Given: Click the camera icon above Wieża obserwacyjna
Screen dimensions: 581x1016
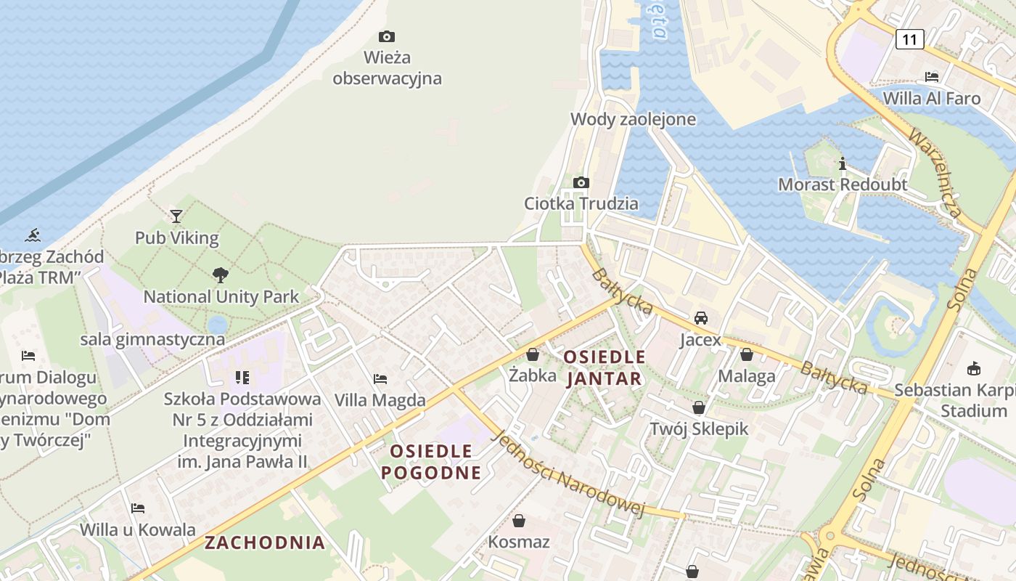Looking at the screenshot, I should pos(387,36).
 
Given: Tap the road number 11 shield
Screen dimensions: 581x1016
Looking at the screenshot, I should pos(909,39).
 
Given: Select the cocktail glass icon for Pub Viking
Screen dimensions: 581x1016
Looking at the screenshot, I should pos(176,216).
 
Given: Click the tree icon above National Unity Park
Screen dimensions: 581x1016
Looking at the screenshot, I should pos(221,275).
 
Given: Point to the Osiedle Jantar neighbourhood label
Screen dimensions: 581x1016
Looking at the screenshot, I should pos(604,367).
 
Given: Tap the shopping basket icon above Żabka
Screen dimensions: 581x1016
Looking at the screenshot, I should pos(533,354).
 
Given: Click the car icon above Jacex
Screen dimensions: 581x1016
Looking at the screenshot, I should pos(701,318).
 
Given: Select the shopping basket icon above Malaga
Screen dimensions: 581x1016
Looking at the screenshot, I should pos(747,354).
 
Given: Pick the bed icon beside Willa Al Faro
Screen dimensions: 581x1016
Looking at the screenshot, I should pos(932,76).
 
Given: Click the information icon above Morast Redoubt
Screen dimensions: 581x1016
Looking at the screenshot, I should pos(843,163).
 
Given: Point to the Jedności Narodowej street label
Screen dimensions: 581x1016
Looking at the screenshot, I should pos(568,474).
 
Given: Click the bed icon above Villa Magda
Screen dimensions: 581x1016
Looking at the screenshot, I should pos(380,378).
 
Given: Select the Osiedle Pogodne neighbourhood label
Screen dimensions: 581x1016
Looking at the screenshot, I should pos(431,462).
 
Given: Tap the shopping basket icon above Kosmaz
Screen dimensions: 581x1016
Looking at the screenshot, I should pos(519,521).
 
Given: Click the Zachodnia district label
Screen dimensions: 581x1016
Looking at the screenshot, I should pos(264,543).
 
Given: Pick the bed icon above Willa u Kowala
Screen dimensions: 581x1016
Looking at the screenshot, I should pos(138,508).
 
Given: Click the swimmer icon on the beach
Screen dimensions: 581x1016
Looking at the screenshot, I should pos(33,235).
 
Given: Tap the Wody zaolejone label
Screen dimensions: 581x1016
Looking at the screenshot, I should pos(633,120).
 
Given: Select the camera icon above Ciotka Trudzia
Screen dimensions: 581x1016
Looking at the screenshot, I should pos(581,182).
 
